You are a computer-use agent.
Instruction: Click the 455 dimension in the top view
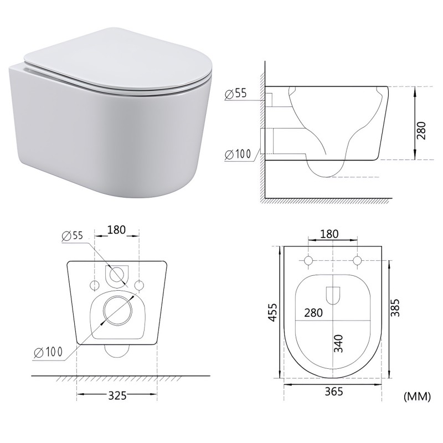[272, 312]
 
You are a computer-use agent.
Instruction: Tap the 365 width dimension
[334, 392]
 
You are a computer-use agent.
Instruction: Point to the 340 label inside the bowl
[338, 343]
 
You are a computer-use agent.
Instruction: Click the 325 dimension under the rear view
[117, 395]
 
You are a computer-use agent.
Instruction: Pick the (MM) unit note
[418, 396]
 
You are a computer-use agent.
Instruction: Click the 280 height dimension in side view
[421, 131]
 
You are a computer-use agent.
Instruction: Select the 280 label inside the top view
[313, 313]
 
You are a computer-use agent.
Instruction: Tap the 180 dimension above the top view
[329, 234]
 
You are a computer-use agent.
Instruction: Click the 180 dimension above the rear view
[116, 230]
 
